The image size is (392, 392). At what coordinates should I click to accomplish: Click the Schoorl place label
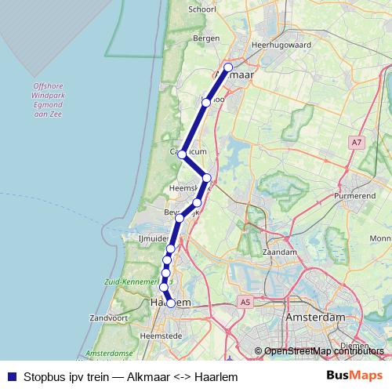coord(201,10)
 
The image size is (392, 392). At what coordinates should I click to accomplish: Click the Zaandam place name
coord(281,252)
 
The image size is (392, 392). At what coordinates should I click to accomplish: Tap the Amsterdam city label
coord(316,317)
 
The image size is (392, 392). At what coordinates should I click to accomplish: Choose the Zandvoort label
coord(108,319)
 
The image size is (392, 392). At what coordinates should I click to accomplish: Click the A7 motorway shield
coord(357,142)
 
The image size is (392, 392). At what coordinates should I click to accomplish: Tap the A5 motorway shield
coord(246,301)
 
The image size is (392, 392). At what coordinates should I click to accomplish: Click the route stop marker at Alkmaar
coord(228,67)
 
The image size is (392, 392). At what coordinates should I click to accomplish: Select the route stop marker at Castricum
coord(182,154)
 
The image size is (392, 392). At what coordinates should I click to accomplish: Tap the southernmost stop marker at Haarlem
coord(171,303)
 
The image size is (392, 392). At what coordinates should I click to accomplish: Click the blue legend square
coord(11,376)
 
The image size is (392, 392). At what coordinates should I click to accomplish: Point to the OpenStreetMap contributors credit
coord(324,351)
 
